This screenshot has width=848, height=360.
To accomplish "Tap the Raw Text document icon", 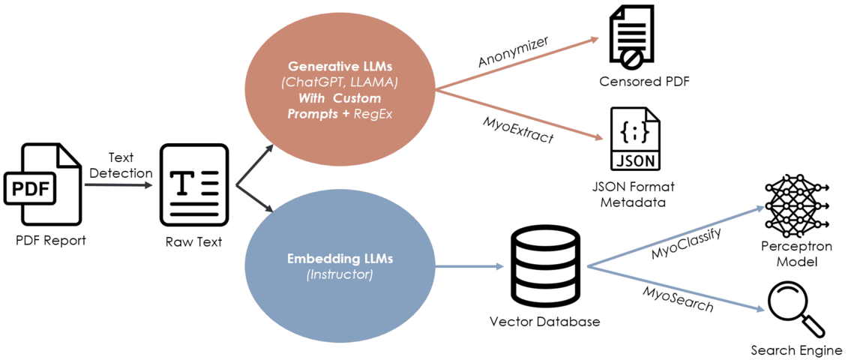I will (193, 185).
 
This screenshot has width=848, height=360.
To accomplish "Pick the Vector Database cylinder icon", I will (544, 266).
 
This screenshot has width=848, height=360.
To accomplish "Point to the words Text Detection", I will (120, 165).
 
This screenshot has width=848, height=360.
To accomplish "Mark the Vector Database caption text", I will (544, 322).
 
